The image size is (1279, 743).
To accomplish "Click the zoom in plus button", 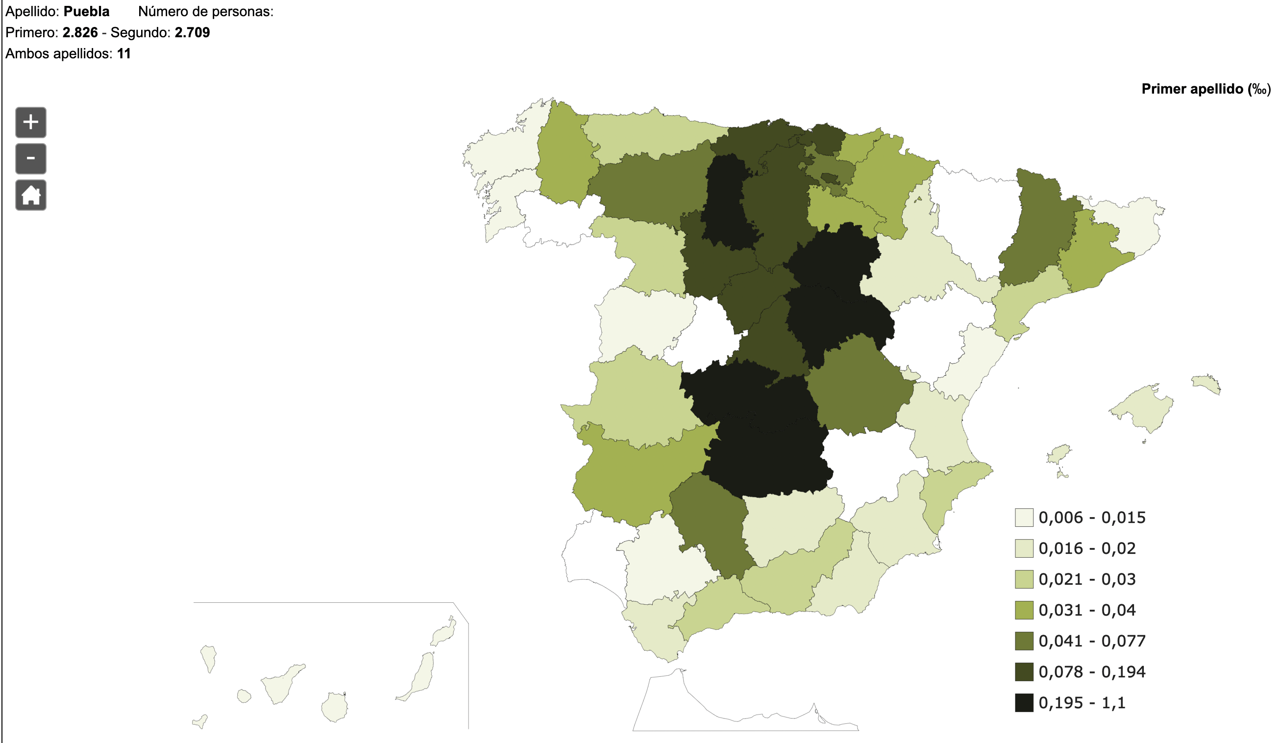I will [31, 123].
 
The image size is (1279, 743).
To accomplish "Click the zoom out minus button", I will [31, 159].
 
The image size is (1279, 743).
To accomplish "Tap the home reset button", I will [31, 195].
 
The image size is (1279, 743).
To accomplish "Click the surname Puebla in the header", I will [86, 12].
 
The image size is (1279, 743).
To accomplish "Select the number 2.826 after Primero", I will [80, 32].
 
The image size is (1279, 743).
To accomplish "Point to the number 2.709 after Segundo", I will [193, 32].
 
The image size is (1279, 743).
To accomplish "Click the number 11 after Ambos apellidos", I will [124, 54].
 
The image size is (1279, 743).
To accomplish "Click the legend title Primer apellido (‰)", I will [1206, 89].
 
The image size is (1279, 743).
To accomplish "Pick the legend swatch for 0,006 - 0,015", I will [1024, 518].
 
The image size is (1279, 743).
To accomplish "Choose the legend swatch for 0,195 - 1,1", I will [1024, 703].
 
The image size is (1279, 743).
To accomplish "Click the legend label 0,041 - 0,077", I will [1092, 641].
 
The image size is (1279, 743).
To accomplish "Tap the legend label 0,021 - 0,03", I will [1086, 579].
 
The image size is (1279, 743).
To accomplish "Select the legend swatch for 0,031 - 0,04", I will [1024, 610].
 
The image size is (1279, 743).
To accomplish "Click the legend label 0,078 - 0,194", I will [1092, 672].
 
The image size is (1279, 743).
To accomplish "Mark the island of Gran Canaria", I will [335, 707].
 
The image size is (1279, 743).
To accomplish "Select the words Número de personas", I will [205, 12].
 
